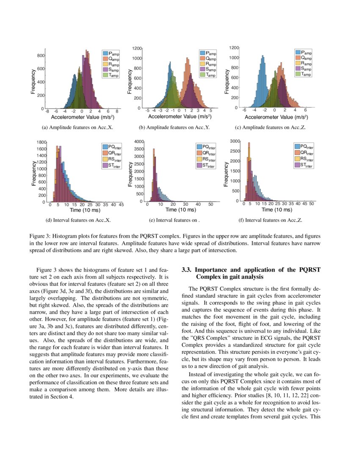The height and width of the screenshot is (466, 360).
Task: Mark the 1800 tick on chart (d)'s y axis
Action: [41, 142]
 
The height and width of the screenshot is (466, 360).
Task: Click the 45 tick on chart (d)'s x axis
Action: [121, 205]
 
